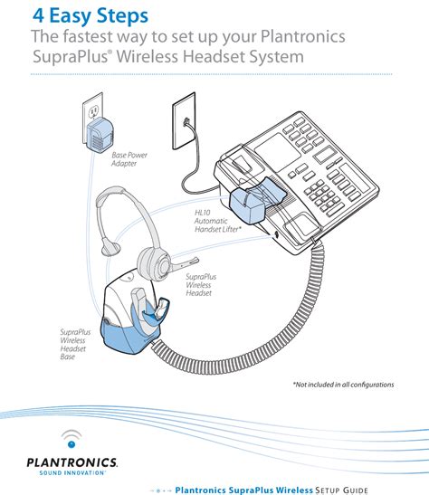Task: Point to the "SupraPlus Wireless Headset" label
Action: tap(205, 286)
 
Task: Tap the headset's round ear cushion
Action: tap(156, 262)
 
